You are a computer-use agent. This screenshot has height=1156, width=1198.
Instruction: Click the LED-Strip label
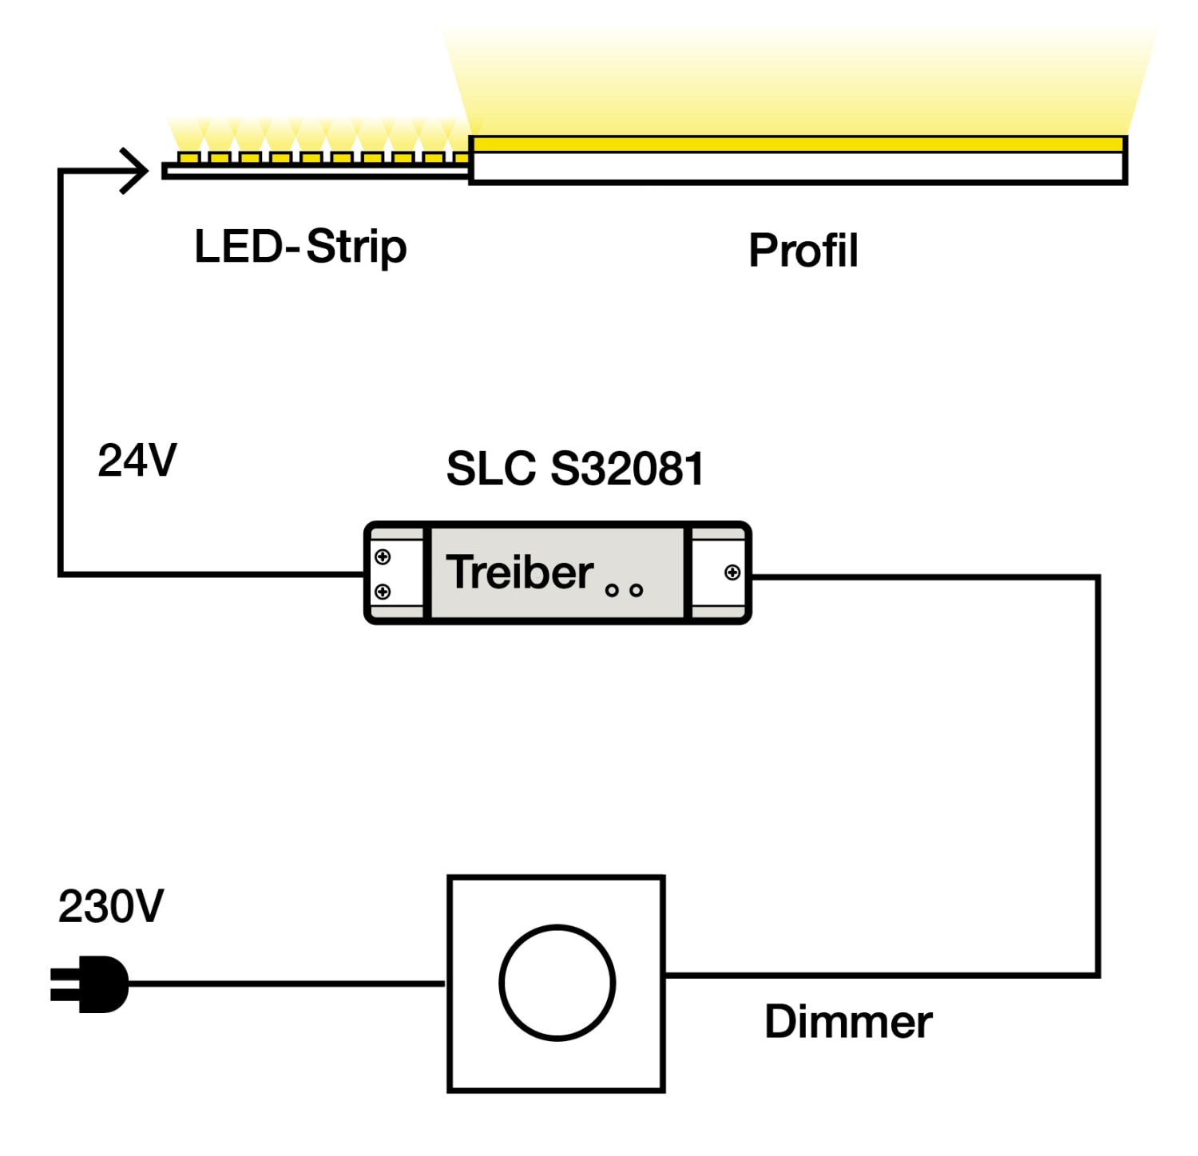click(300, 247)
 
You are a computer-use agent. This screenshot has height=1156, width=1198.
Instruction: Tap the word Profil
click(803, 251)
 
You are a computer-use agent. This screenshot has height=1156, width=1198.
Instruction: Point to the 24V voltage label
click(137, 461)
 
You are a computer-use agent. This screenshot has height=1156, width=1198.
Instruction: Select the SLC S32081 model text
click(575, 469)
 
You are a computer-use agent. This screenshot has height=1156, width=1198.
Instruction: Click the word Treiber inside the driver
click(519, 572)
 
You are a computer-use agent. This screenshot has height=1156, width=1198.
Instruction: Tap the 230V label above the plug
click(111, 907)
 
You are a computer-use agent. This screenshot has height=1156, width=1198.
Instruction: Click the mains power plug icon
click(90, 984)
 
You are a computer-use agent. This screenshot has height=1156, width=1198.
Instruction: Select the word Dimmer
click(848, 1022)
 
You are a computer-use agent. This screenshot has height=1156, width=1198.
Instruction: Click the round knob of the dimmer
click(557, 983)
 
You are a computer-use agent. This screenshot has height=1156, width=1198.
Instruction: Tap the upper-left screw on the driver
click(383, 556)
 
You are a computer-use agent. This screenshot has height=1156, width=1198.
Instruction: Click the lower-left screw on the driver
click(383, 592)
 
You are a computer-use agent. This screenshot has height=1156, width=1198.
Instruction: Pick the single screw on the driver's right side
click(732, 572)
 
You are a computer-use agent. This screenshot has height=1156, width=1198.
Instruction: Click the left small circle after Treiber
click(612, 591)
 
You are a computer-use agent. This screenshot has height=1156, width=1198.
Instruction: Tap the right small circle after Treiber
click(637, 591)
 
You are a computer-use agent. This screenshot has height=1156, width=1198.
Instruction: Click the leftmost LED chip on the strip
click(188, 157)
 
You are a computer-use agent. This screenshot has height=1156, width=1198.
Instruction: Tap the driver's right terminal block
click(718, 572)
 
